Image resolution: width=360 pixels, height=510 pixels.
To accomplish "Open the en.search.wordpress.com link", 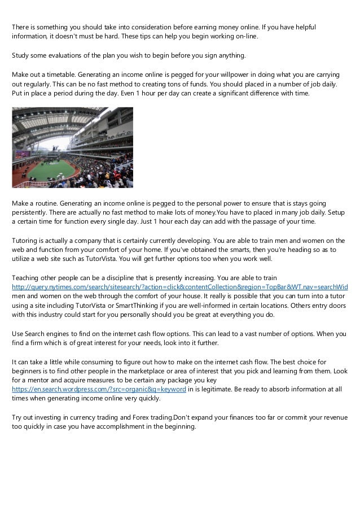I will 99,390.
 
